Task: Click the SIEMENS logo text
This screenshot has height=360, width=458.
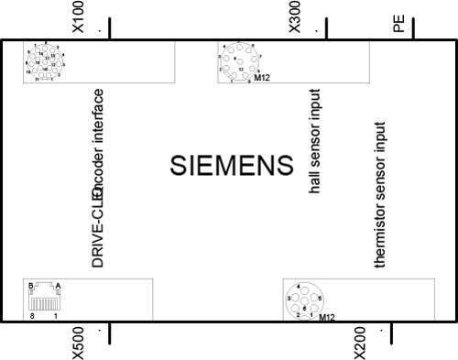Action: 231,166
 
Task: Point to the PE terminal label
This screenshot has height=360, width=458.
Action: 399,22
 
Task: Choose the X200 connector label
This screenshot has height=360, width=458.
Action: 360,342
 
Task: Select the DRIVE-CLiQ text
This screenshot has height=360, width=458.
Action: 97,224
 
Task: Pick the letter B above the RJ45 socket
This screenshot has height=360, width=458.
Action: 31,286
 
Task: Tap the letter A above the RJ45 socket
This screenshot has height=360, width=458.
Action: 58,286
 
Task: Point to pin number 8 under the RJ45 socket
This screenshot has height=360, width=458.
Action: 32,316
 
